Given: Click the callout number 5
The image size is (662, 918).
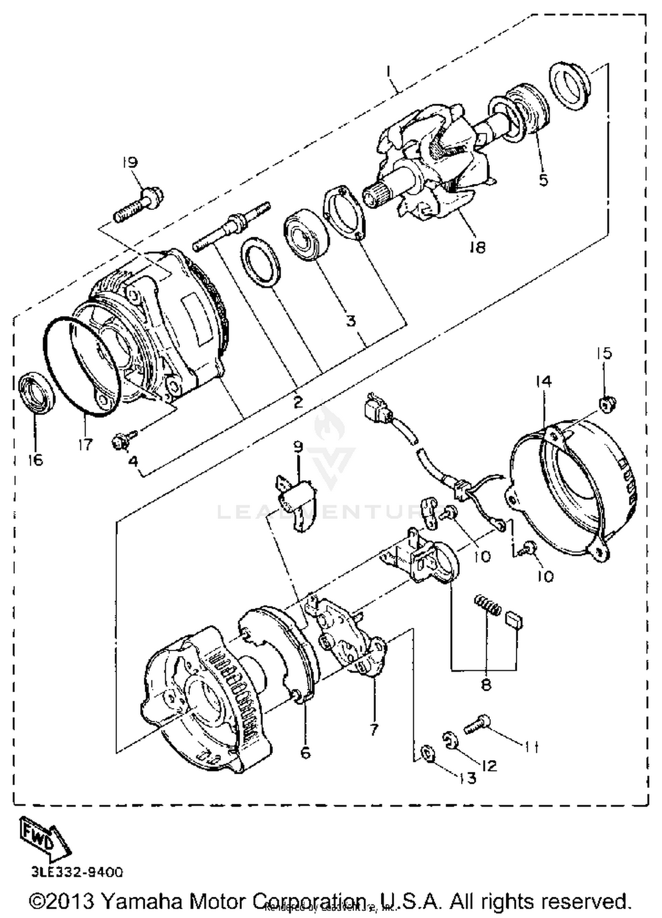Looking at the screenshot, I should [543, 180].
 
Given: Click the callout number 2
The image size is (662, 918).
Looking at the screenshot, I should [298, 402].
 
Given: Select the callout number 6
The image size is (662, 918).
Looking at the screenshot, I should [305, 753].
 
